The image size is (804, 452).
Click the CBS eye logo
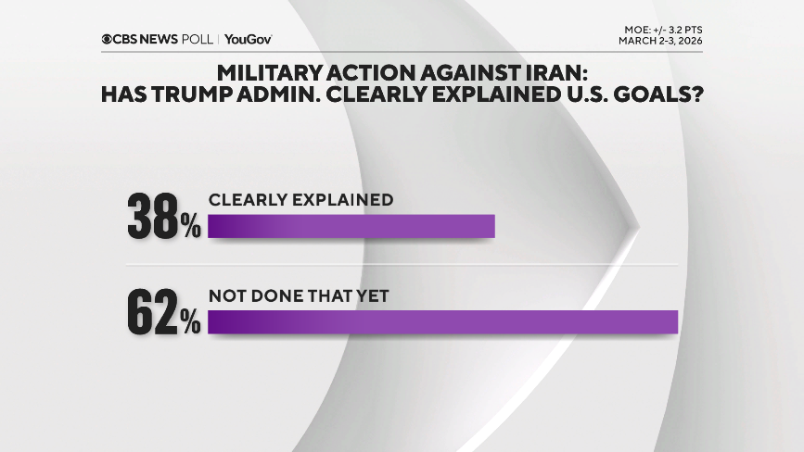tap(108, 39)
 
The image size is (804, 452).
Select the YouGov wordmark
tap(249, 39)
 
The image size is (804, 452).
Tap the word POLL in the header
tap(198, 39)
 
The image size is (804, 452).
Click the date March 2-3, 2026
tap(659, 40)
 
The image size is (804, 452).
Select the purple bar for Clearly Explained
tap(351, 227)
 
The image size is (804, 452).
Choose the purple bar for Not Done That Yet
tap(443, 321)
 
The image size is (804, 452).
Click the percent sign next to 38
tap(191, 229)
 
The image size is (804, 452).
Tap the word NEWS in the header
tap(161, 39)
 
